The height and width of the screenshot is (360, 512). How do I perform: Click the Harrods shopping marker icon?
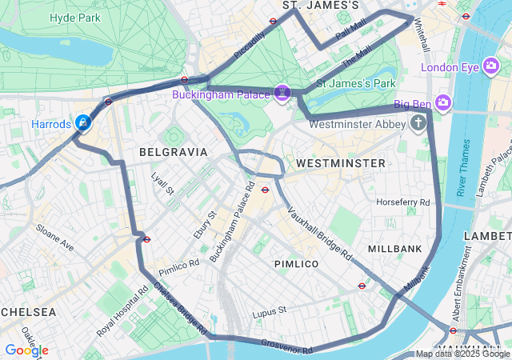pyautogui.click(x=82, y=122)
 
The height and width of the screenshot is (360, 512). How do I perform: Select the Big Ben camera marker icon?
pyautogui.click(x=443, y=103)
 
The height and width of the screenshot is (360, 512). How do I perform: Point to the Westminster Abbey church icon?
pyautogui.click(x=418, y=123)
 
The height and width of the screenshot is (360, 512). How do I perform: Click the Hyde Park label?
pyautogui.click(x=74, y=18)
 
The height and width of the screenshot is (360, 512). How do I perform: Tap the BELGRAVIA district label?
pyautogui.click(x=173, y=151)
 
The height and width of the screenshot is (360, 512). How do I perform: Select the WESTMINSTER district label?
pyautogui.click(x=340, y=162)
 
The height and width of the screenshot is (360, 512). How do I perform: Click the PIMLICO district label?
pyautogui.click(x=296, y=263)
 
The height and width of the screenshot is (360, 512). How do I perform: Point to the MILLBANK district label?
pyautogui.click(x=395, y=249)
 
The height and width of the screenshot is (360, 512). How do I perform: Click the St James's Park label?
pyautogui.click(x=357, y=83)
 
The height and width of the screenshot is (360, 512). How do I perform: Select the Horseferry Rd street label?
pyautogui.click(x=402, y=202)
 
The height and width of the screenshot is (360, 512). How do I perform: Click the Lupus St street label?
pyautogui.click(x=270, y=310)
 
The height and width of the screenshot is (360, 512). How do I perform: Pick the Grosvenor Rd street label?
pyautogui.click(x=286, y=346)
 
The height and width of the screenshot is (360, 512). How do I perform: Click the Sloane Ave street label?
pyautogui.click(x=54, y=238)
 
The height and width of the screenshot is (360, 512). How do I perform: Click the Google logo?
pyautogui.click(x=26, y=350)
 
